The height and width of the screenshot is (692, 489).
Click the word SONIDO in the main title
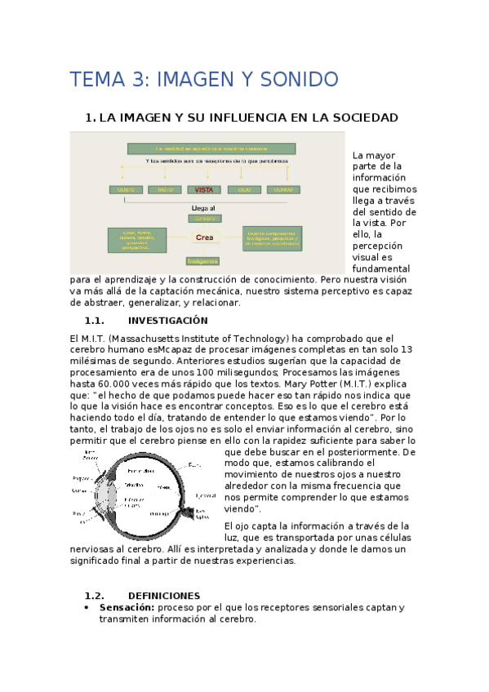[x=298, y=79]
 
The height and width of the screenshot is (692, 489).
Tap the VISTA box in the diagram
[x=203, y=189]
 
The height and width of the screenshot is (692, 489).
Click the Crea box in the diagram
[x=204, y=237]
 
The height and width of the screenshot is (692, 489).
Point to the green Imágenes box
[x=202, y=261]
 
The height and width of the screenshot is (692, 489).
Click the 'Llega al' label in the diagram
[x=203, y=208]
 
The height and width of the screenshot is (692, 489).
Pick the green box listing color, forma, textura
[x=136, y=239]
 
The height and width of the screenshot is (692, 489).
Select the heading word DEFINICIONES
[x=164, y=596]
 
